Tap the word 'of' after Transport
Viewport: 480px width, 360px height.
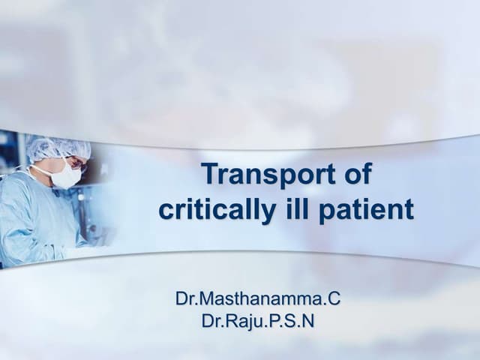[354, 175]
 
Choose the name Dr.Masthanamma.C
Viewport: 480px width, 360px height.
[257, 299]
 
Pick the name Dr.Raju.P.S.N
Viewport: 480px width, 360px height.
[257, 322]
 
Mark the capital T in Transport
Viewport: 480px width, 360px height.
[212, 175]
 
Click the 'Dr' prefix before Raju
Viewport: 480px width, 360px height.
[212, 322]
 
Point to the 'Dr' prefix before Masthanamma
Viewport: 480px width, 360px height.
[185, 299]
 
